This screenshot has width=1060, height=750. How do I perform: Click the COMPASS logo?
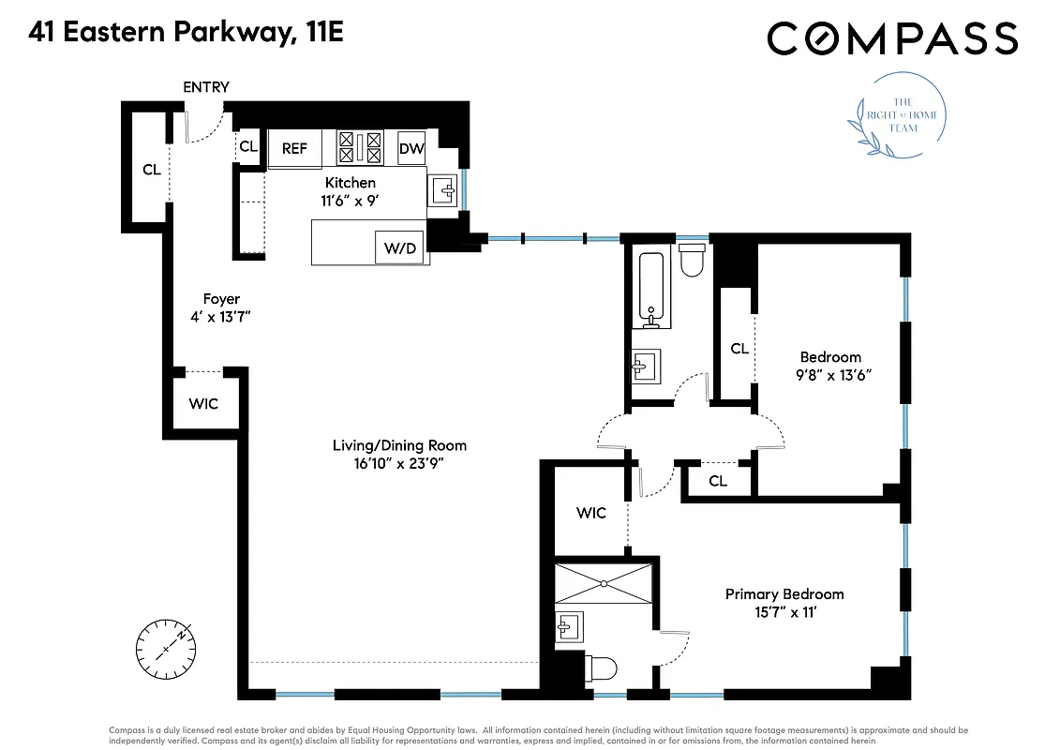click(x=891, y=38)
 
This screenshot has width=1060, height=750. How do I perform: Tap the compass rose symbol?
click(x=167, y=648)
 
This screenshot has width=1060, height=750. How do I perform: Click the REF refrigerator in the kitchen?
click(x=294, y=149)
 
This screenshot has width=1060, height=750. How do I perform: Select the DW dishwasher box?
click(x=411, y=148)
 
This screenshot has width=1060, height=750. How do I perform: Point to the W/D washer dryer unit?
click(x=400, y=247)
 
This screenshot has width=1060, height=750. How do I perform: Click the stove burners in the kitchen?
click(x=360, y=147)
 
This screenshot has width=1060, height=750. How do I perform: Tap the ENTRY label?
click(x=205, y=87)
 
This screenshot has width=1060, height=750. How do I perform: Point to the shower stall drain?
click(x=604, y=583)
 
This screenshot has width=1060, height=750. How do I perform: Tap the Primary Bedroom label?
click(x=784, y=594)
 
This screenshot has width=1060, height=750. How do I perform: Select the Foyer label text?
click(x=221, y=299)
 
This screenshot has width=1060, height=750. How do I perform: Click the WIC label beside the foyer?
click(x=203, y=404)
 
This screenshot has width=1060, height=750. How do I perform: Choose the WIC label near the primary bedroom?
click(x=591, y=513)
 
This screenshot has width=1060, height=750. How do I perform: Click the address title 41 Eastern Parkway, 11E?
click(x=186, y=33)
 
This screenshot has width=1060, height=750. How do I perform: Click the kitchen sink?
click(x=443, y=191)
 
